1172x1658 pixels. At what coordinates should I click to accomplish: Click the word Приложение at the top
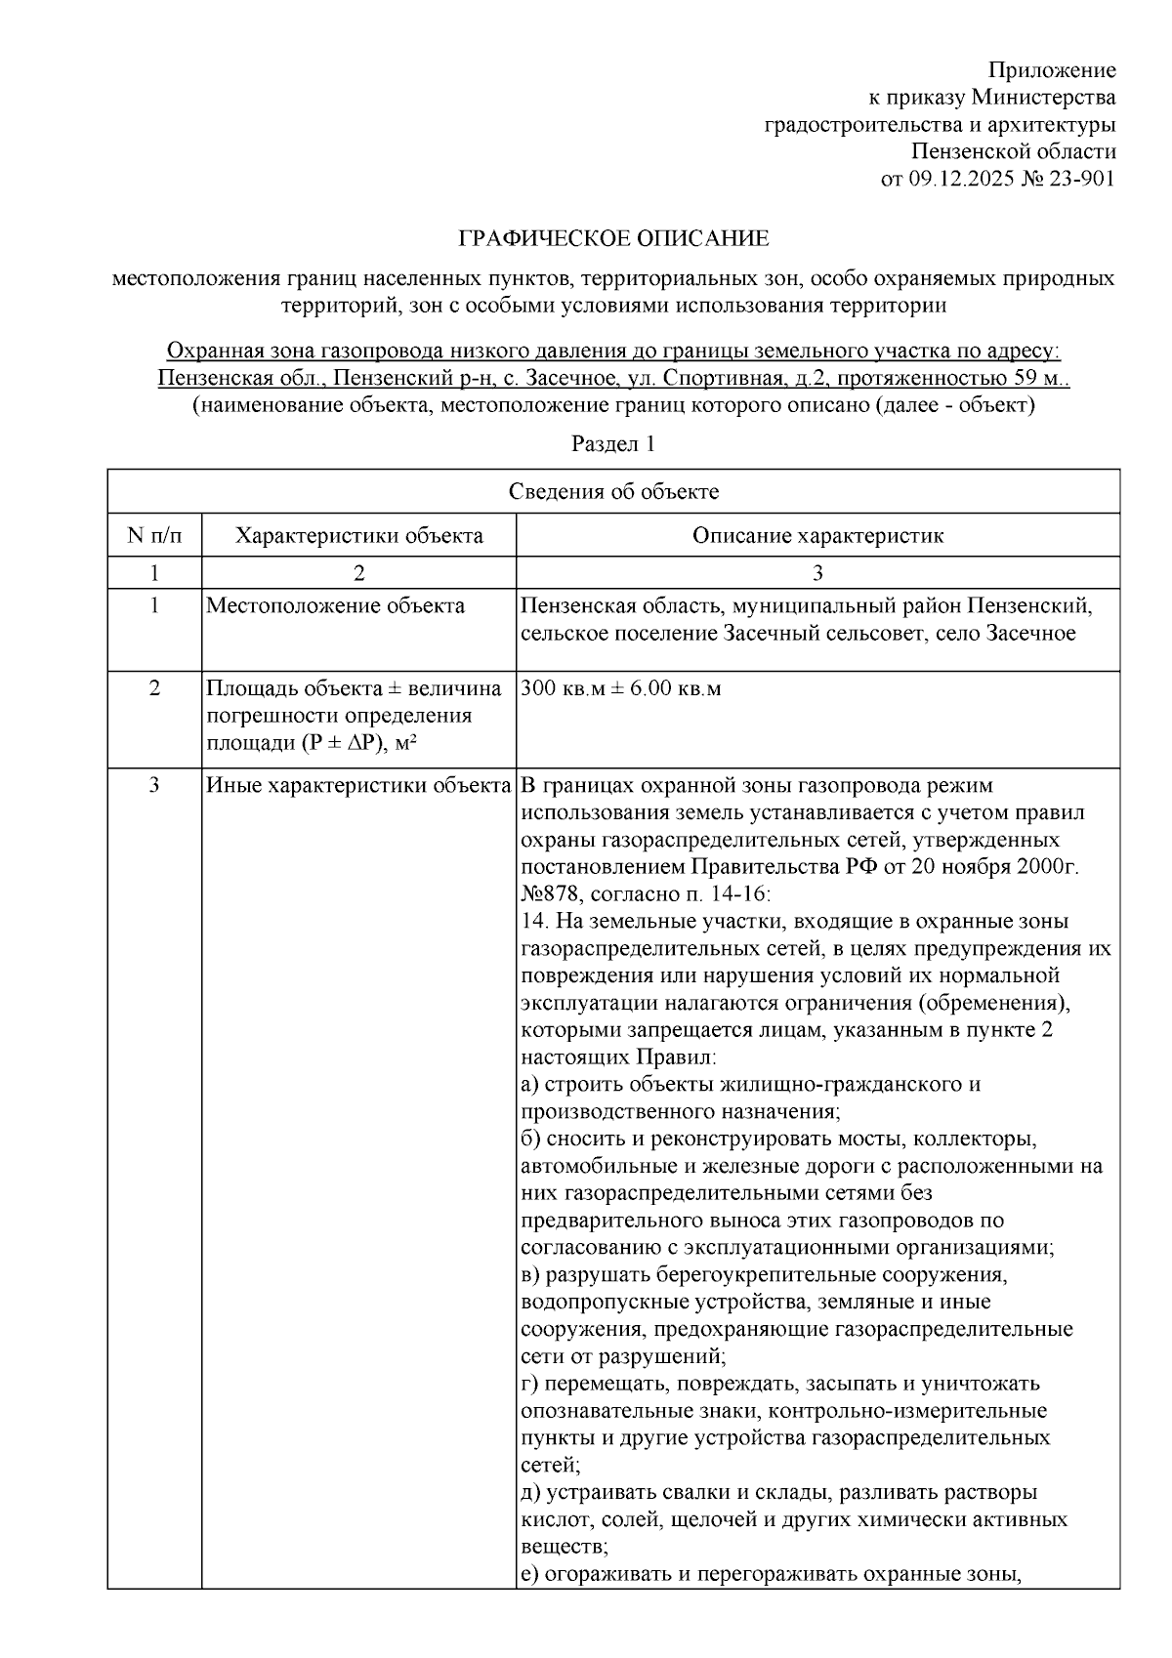pos(1052,70)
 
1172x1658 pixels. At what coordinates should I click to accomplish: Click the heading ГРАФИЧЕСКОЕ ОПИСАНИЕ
pos(613,238)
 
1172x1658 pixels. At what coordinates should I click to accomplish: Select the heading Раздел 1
pos(612,444)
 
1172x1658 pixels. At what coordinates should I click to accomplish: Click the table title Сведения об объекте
pos(613,491)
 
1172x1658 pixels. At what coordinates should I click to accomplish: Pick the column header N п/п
pos(154,535)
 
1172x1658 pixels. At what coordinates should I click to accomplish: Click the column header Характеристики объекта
pos(359,535)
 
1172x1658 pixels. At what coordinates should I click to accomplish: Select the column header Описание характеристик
pos(817,535)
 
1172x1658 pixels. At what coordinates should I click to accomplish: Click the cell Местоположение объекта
pos(335,606)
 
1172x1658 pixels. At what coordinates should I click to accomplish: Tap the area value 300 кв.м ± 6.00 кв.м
pos(621,688)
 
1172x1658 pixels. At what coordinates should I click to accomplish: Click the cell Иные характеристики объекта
pos(359,785)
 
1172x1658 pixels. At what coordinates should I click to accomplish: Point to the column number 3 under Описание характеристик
pos(817,572)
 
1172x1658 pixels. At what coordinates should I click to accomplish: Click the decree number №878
pos(551,893)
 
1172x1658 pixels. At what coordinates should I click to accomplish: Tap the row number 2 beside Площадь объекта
pos(154,688)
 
